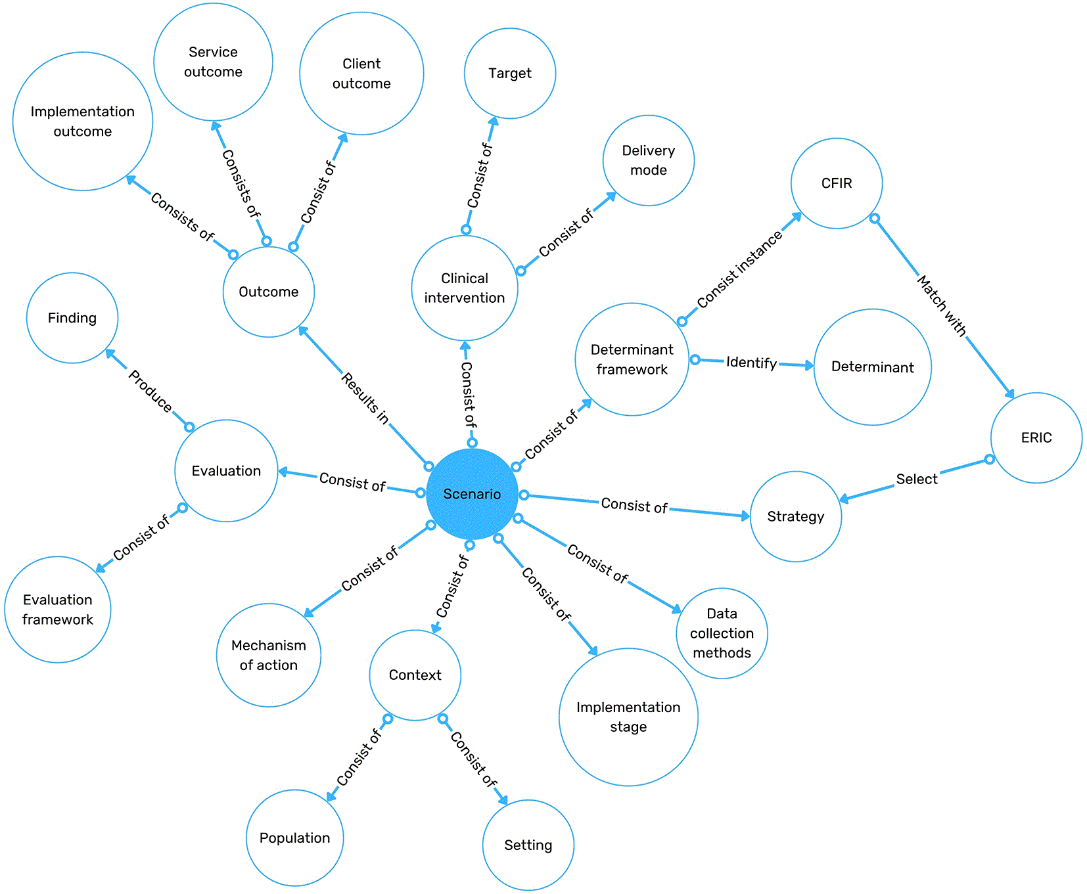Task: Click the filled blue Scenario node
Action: click(472, 494)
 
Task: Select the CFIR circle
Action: click(837, 183)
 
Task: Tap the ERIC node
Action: click(1036, 437)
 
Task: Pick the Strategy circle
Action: click(796, 516)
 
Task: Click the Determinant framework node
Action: click(632, 359)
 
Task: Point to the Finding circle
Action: click(72, 318)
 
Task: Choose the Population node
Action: click(295, 838)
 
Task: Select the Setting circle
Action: click(528, 845)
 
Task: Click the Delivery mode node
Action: click(649, 160)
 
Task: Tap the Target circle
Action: click(510, 74)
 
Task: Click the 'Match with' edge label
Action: click(942, 306)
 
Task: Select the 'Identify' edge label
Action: click(751, 363)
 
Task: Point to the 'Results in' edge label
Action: click(365, 398)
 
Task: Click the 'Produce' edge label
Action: click(150, 390)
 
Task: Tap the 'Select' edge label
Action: click(917, 479)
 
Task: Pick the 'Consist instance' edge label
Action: click(740, 269)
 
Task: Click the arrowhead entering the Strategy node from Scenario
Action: click(745, 516)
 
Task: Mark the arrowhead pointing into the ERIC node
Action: click(1009, 393)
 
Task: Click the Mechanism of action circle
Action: click(269, 655)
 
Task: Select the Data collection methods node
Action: click(722, 633)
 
